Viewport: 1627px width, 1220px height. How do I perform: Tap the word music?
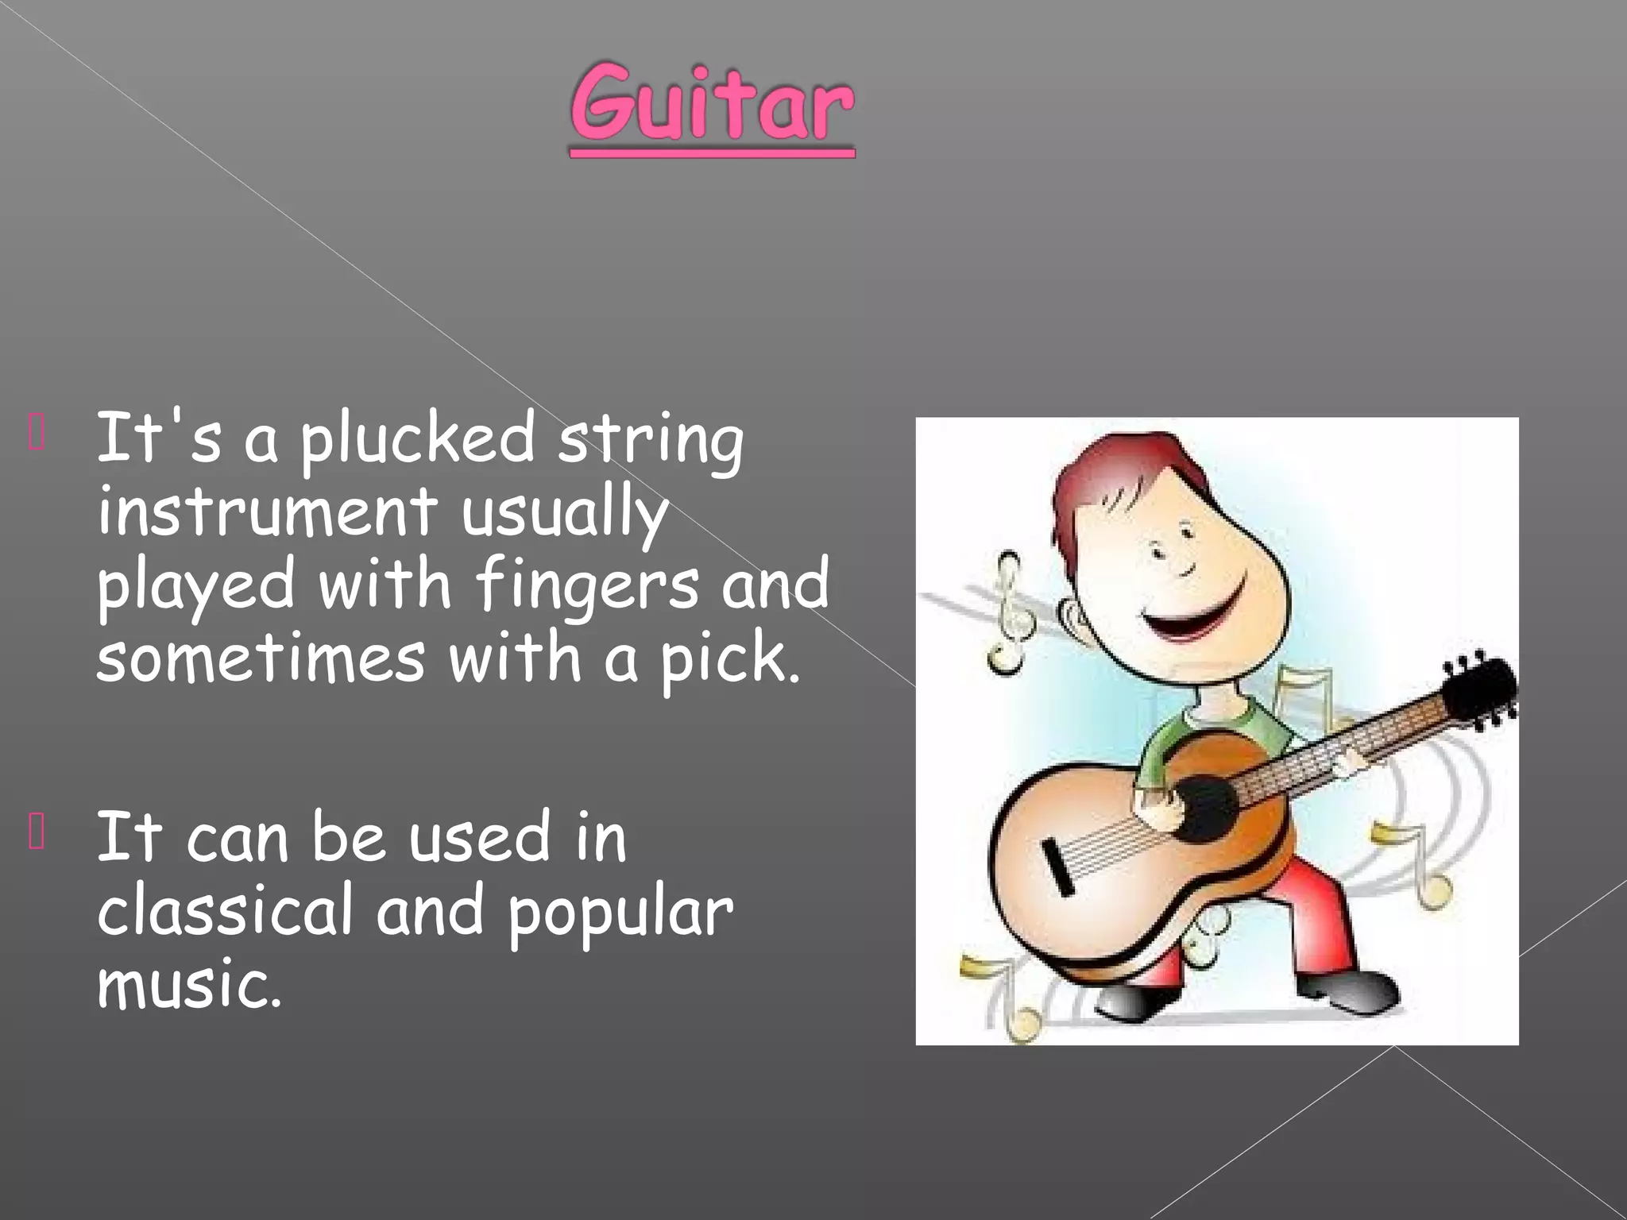[x=189, y=985]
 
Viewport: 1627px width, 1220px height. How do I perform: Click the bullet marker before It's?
[x=36, y=434]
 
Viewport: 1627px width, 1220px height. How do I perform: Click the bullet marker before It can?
[x=36, y=833]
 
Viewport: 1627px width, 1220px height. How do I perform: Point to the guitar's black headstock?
[x=1478, y=691]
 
